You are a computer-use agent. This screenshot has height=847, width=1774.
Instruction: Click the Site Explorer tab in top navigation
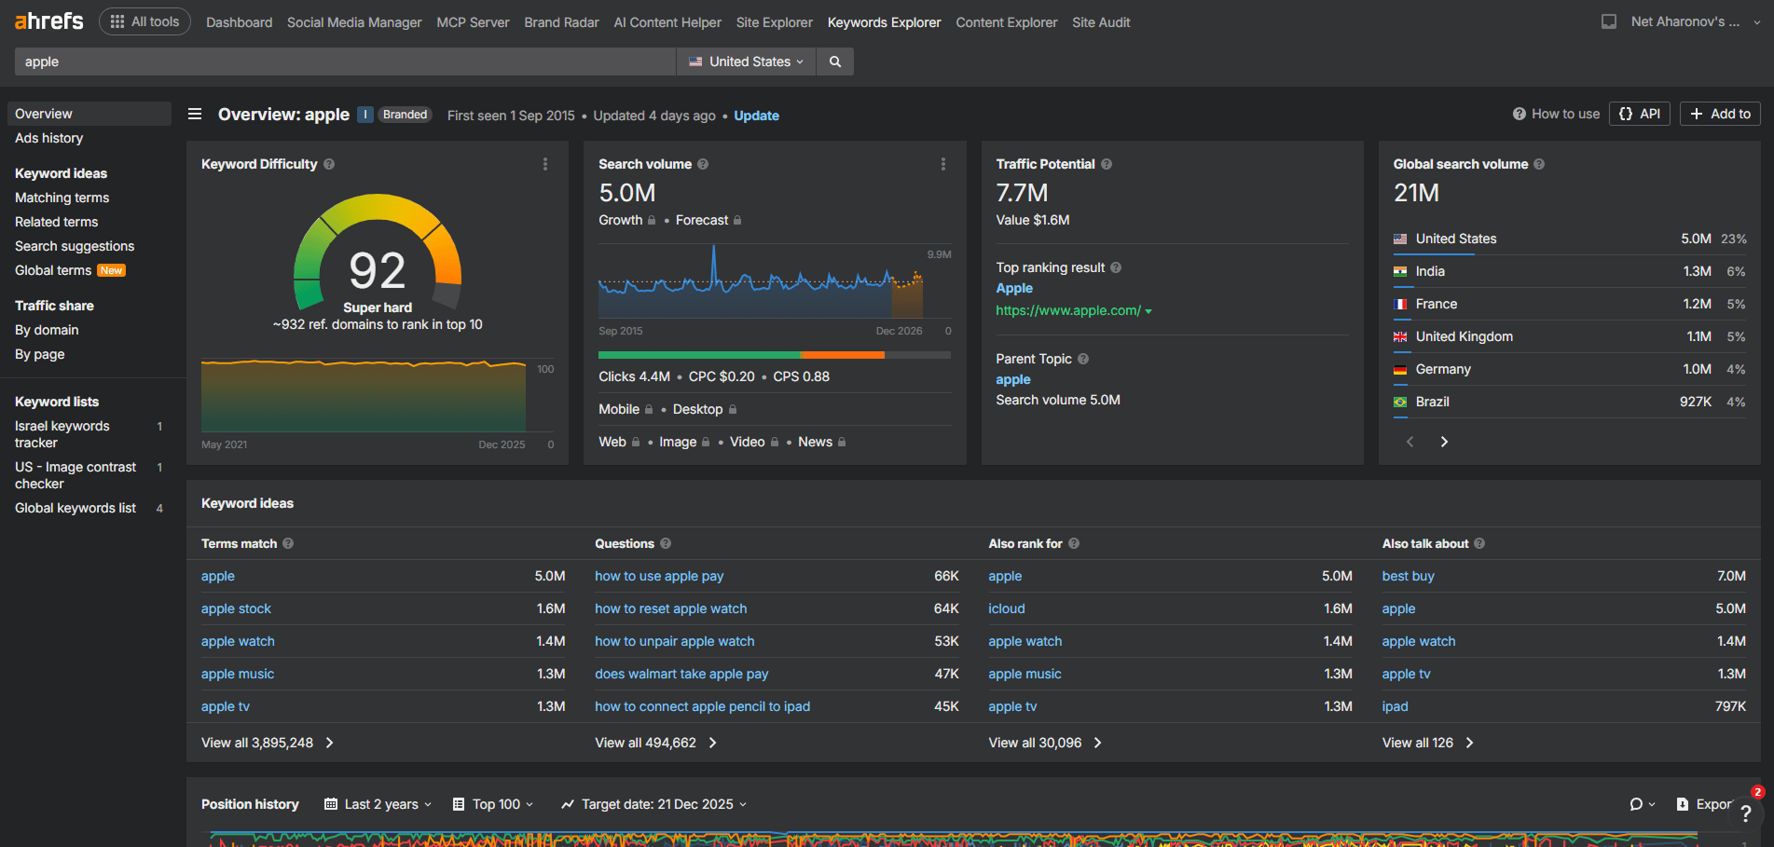tap(774, 22)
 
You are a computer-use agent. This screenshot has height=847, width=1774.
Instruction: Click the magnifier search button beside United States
tap(835, 61)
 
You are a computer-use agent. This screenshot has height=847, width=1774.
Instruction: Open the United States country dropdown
tap(746, 61)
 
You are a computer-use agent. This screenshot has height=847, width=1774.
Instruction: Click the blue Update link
tap(756, 116)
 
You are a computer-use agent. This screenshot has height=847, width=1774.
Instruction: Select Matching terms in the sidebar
tap(62, 198)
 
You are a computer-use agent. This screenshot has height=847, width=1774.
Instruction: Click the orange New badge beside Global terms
tap(112, 270)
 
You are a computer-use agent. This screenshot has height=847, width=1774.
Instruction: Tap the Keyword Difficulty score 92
tap(377, 271)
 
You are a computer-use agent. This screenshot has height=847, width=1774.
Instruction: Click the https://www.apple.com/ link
tap(1068, 310)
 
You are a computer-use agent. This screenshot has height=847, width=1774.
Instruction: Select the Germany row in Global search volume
tap(1443, 369)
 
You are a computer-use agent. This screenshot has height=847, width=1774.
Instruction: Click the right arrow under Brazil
tap(1444, 442)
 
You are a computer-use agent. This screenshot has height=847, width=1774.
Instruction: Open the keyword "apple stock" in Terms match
tap(236, 608)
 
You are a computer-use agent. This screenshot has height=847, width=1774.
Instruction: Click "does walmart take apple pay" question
tap(681, 674)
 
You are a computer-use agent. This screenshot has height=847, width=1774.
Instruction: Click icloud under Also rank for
tap(1007, 608)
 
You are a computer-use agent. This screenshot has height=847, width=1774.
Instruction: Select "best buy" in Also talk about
tap(1408, 576)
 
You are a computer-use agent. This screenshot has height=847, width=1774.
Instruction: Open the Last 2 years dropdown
tap(378, 804)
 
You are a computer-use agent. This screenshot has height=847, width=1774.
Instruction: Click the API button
tap(1640, 114)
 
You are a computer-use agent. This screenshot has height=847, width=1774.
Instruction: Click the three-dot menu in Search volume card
tap(942, 164)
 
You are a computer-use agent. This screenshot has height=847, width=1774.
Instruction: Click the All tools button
tap(144, 21)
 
